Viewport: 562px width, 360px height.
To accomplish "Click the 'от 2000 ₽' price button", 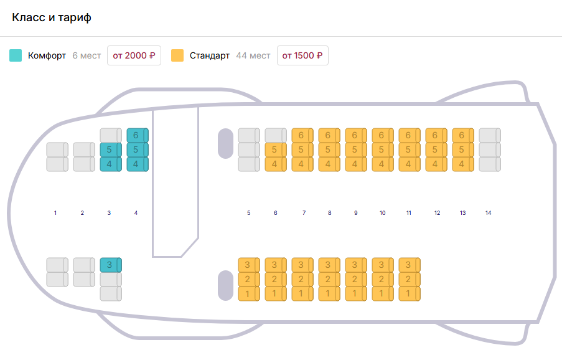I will [134, 55].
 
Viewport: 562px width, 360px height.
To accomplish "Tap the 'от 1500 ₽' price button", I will [302, 55].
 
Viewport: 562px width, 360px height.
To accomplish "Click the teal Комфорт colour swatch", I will [16, 55].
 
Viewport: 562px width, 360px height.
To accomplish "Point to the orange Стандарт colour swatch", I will [177, 55].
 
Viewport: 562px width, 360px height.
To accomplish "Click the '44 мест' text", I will [253, 55].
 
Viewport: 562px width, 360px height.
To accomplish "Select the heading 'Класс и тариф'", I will [52, 17].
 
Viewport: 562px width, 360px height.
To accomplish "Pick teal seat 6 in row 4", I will [137, 135].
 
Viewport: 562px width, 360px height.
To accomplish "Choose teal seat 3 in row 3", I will [110, 265].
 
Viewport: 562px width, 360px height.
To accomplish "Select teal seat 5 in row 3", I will [110, 149].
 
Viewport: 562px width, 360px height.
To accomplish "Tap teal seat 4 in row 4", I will [137, 164].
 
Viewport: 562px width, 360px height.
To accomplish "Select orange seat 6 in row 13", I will [462, 135].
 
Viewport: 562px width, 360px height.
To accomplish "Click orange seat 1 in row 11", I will [409, 293].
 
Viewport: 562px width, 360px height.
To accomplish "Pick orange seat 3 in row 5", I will [248, 265].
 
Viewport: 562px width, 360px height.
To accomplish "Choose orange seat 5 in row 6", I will [275, 149].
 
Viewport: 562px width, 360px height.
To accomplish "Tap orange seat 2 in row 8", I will [329, 279].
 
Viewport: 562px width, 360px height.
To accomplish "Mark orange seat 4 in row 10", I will [382, 164].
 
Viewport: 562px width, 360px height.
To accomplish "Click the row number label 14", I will [489, 213].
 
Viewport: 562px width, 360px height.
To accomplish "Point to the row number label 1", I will [55, 213].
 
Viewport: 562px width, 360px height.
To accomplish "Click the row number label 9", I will [356, 213].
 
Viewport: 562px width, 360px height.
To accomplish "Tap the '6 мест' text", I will [87, 55].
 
